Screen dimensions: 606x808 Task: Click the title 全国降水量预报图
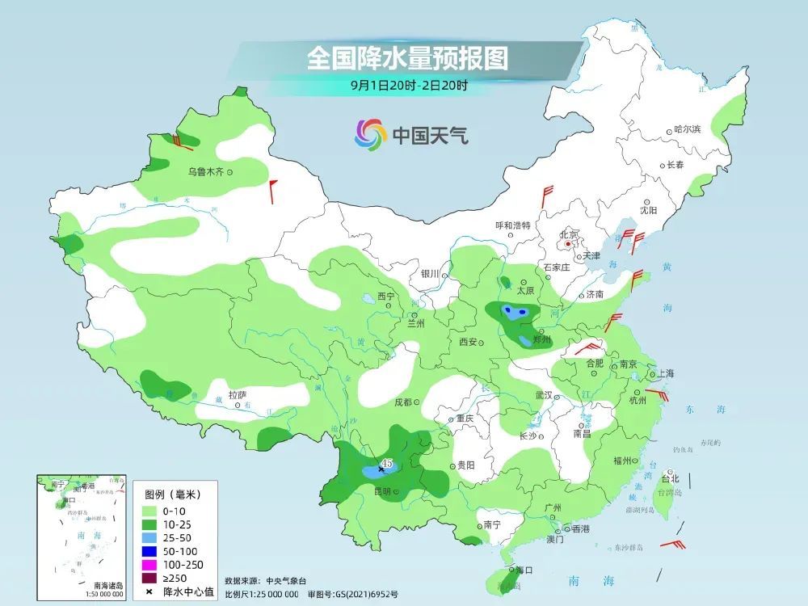click(x=407, y=58)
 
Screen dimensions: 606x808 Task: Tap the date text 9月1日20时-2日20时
click(x=409, y=84)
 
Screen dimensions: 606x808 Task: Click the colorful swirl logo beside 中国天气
click(x=371, y=134)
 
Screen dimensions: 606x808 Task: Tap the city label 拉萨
click(x=237, y=395)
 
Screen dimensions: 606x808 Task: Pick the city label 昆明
click(x=381, y=491)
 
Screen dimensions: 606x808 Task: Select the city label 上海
click(x=666, y=374)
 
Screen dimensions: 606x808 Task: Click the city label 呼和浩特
click(x=513, y=225)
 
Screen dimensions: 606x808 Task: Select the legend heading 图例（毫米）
click(x=171, y=494)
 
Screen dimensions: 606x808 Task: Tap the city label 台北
click(x=670, y=478)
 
